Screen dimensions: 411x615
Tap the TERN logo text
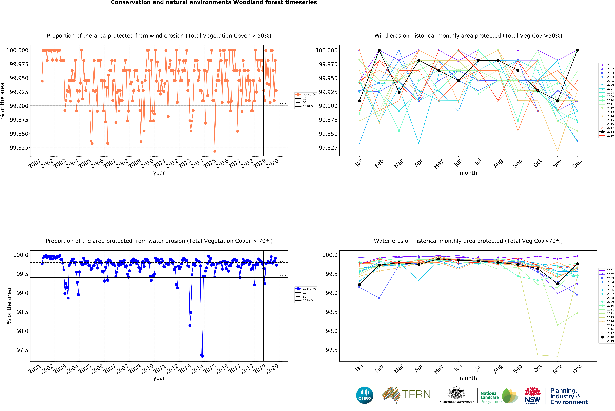coord(416,394)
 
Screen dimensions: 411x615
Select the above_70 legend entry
coord(306,289)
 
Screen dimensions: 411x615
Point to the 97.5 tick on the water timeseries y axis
coord(22,350)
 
